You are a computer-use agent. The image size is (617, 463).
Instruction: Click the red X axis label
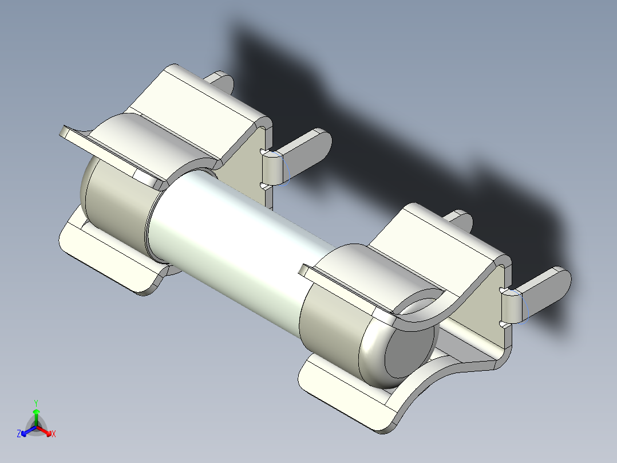(x=54, y=434)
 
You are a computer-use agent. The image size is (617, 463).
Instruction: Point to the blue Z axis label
(x=19, y=434)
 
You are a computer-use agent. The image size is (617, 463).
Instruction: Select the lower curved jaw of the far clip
(x=109, y=258)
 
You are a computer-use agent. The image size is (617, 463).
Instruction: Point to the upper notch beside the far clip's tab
(x=265, y=152)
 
